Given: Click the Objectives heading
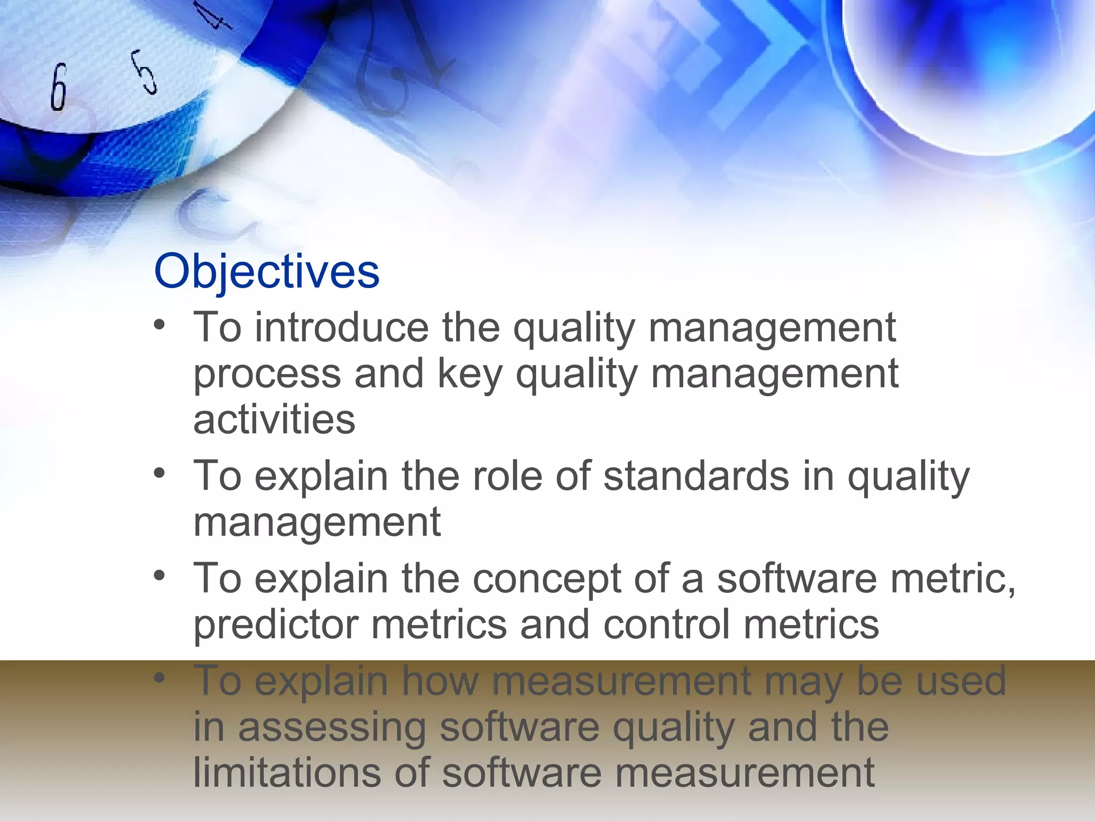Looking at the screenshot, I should (266, 272).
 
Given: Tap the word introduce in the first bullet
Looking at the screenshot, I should (341, 328).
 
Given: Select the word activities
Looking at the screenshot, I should (274, 420).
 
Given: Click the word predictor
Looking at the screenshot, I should (275, 624).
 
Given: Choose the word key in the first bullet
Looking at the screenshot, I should (469, 375).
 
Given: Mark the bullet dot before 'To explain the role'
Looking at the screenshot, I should (159, 473).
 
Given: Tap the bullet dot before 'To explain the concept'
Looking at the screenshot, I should (159, 576).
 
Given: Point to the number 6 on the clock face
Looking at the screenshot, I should (59, 87).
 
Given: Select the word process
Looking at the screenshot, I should (267, 375).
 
